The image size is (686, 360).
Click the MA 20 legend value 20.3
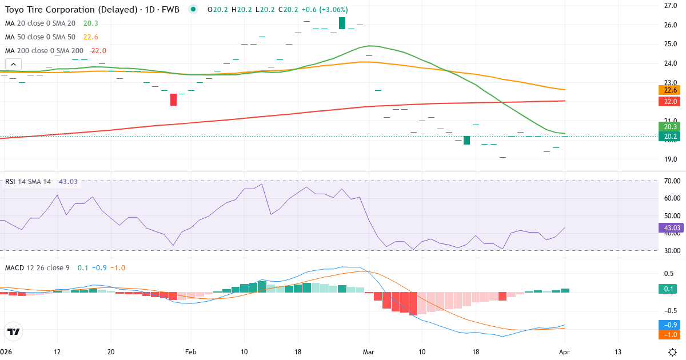(x=90, y=23)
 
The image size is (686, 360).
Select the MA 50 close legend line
(x=40, y=37)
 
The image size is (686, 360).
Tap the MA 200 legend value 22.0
(x=98, y=50)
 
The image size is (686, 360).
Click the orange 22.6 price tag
(x=669, y=90)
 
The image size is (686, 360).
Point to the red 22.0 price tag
(x=669, y=101)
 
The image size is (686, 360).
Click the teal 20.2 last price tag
(x=669, y=136)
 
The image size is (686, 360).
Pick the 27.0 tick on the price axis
(x=671, y=6)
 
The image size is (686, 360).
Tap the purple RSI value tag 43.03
(x=669, y=227)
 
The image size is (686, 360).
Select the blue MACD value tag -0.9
(x=669, y=325)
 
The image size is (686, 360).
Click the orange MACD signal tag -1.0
(x=669, y=334)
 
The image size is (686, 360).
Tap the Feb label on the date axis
(x=191, y=351)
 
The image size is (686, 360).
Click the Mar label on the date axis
(x=369, y=351)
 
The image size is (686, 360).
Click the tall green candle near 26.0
(x=342, y=23)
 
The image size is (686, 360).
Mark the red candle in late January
(x=173, y=99)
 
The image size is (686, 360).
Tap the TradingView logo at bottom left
(x=13, y=331)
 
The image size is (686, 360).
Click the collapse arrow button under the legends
(x=13, y=64)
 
